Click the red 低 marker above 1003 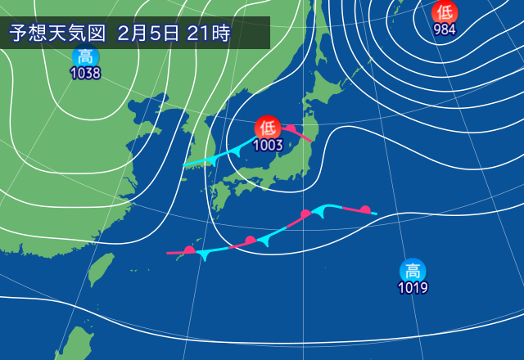pyautogui.click(x=267, y=127)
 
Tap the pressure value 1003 pyautogui.click(x=268, y=145)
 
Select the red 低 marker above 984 pyautogui.click(x=445, y=12)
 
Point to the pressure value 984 pyautogui.click(x=445, y=30)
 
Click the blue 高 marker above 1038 pyautogui.click(x=85, y=56)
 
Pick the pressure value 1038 pyautogui.click(x=85, y=74)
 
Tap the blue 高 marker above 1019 pyautogui.click(x=413, y=269)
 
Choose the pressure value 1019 pyautogui.click(x=413, y=287)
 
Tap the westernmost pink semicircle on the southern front pyautogui.click(x=189, y=249)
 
